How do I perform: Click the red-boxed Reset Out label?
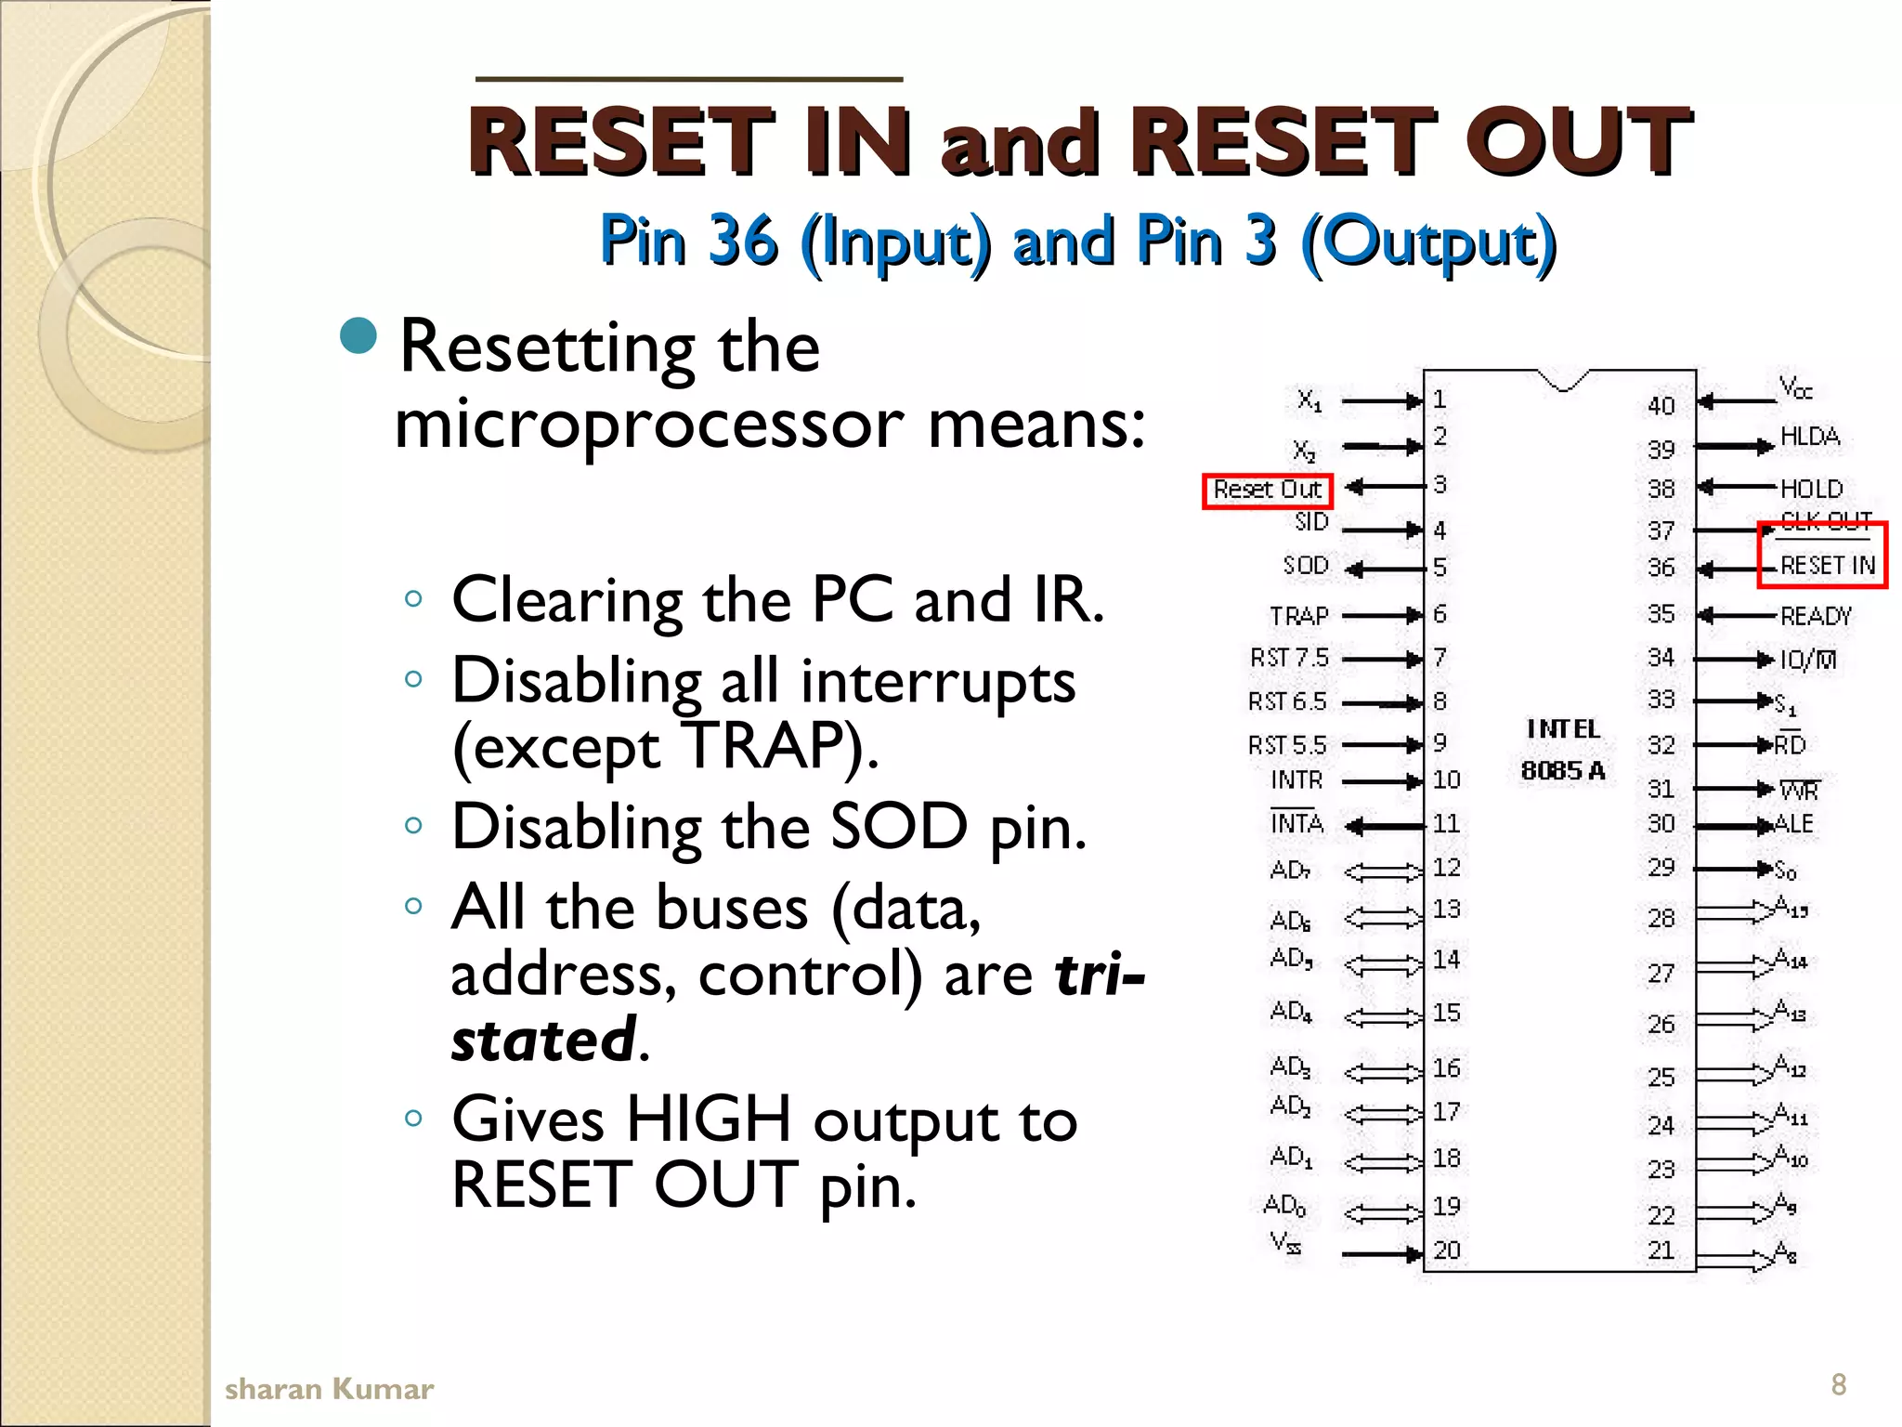[x=1267, y=490]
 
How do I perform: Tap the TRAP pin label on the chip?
[x=1299, y=616]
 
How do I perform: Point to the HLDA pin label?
[x=1809, y=437]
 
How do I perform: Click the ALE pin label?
[x=1793, y=824]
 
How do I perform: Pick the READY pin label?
[x=1816, y=616]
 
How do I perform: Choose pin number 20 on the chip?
[x=1447, y=1250]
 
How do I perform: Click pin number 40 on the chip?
[x=1661, y=406]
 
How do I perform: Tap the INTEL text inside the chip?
[x=1563, y=729]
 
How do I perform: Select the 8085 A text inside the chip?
[x=1563, y=770]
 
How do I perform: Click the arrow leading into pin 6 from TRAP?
[x=1382, y=615]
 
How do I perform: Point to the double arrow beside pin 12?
[x=1383, y=871]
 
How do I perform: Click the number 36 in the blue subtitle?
[x=742, y=240]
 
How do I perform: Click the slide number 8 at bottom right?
[x=1838, y=1384]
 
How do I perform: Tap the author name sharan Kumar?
[x=329, y=1389]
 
